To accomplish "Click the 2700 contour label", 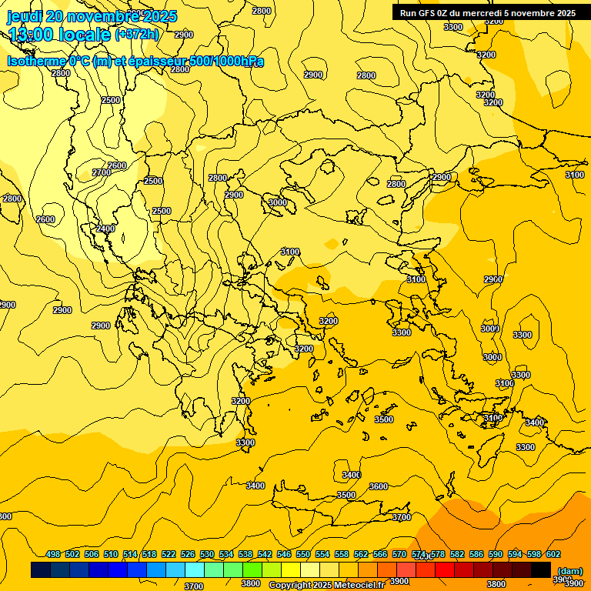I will coord(102,173).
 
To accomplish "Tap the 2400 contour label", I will coord(105,229).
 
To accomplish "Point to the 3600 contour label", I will coord(379,486).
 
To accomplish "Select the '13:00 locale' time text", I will coord(59,35).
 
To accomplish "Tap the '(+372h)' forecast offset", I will coord(137,35).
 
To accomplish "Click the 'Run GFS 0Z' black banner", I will coord(487,12).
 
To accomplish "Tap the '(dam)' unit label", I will coord(569,570).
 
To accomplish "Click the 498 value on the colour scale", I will coord(53,554).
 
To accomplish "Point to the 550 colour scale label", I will coord(303,554).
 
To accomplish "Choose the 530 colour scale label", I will coord(207,554).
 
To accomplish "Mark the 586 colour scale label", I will coord(476,554).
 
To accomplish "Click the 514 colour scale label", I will coord(130,554).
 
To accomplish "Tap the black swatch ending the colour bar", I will coord(541,569).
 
